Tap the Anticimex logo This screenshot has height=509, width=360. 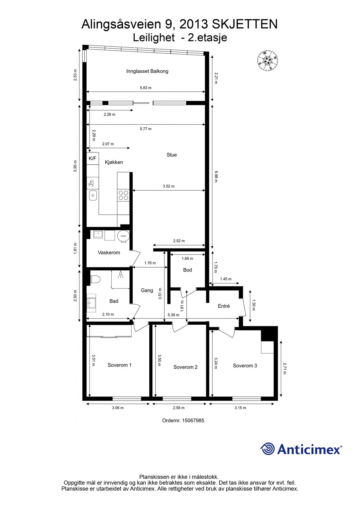point(301,449)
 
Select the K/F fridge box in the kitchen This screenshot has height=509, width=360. point(92,158)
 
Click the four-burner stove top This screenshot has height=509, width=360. point(123,195)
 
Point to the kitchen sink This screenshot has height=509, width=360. point(93,195)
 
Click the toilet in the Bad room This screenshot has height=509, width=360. point(95,279)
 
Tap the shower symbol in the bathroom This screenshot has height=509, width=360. point(121,275)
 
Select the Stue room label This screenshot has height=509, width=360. point(172,155)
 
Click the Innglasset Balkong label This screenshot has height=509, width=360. point(147,71)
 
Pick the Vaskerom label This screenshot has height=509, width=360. point(109,253)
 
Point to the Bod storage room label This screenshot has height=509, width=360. point(187,270)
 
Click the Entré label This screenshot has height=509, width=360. point(224,306)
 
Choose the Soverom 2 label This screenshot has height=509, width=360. point(185,367)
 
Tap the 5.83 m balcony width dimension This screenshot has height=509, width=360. point(146,88)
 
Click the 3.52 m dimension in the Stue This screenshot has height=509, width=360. point(169,186)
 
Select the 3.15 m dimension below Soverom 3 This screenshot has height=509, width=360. point(240,408)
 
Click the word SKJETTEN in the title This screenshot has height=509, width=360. point(245,25)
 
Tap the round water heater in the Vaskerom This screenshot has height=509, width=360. point(123,236)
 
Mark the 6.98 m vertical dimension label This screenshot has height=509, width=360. point(216,176)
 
